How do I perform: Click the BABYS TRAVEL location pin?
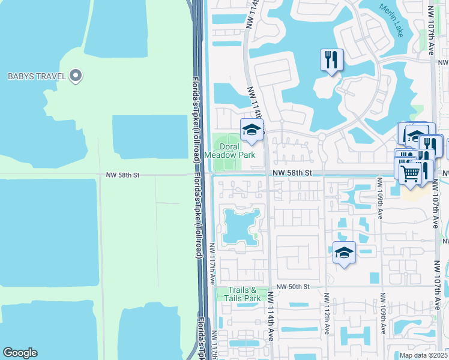[76, 76]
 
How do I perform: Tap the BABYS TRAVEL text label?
[36, 76]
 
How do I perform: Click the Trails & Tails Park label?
[243, 294]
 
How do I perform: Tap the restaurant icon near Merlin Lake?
[331, 59]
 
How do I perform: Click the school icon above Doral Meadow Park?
[252, 130]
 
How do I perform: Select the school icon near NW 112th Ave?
[343, 253]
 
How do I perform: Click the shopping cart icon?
[410, 172]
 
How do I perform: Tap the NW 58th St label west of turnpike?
[122, 175]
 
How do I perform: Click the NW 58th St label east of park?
[293, 173]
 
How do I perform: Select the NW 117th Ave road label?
[212, 264]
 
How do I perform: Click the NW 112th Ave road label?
[327, 314]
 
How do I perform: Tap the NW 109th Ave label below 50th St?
[382, 314]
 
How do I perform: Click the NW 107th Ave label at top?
[431, 30]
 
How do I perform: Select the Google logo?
[20, 352]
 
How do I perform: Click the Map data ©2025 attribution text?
[423, 355]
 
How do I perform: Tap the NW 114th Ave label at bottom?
[271, 317]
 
